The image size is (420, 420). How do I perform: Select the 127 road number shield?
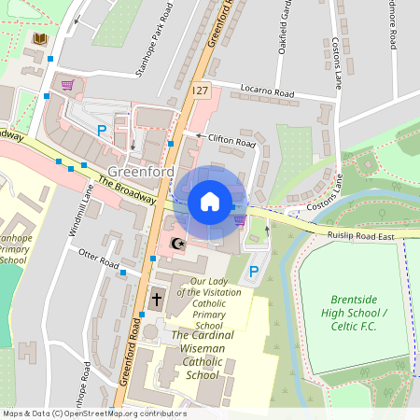point(200,90)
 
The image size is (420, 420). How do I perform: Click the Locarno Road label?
point(267,95)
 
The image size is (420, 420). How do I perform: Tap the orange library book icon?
point(39,39)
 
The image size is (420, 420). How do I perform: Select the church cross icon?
point(156,301)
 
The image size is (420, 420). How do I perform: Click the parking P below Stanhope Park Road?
point(102,131)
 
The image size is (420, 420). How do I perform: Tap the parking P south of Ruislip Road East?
point(253,273)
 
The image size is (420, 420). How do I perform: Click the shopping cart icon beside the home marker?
point(241,220)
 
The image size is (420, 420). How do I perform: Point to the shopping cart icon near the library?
point(66,85)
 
